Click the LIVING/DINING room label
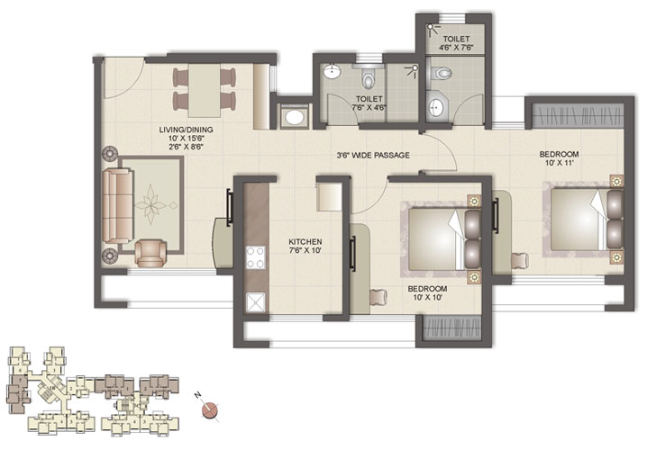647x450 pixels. pos(178,135)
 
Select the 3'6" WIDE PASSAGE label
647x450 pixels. pos(373,156)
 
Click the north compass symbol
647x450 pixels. pos(211,409)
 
